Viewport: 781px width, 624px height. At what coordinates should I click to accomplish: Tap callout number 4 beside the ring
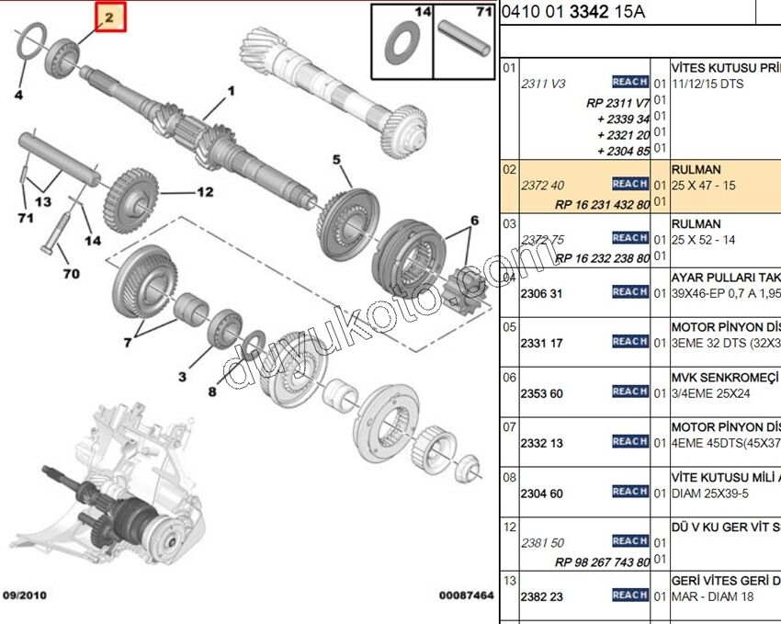pyautogui.click(x=19, y=94)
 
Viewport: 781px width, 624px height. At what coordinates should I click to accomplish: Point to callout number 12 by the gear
pyautogui.click(x=204, y=192)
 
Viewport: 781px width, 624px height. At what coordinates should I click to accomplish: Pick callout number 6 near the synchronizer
pyautogui.click(x=474, y=221)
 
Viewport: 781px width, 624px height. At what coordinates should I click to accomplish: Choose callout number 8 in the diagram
pyautogui.click(x=212, y=392)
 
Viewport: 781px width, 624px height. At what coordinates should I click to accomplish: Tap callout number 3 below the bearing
pyautogui.click(x=182, y=377)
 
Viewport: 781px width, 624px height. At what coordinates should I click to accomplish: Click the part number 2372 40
pyautogui.click(x=542, y=186)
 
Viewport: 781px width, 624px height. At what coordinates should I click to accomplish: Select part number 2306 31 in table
pyautogui.click(x=542, y=293)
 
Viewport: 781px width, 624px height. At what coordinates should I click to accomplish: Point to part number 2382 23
pyautogui.click(x=542, y=596)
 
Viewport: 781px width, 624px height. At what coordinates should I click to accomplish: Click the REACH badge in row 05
pyautogui.click(x=630, y=342)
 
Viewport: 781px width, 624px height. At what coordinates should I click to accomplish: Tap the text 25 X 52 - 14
pyautogui.click(x=704, y=240)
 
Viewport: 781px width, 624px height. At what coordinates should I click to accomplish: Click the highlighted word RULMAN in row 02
pyautogui.click(x=696, y=170)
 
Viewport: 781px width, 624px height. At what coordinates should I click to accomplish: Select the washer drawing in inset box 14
pyautogui.click(x=402, y=43)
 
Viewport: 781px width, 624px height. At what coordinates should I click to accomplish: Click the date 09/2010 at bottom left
pyautogui.click(x=25, y=596)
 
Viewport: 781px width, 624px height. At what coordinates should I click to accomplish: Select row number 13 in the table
pyautogui.click(x=510, y=580)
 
